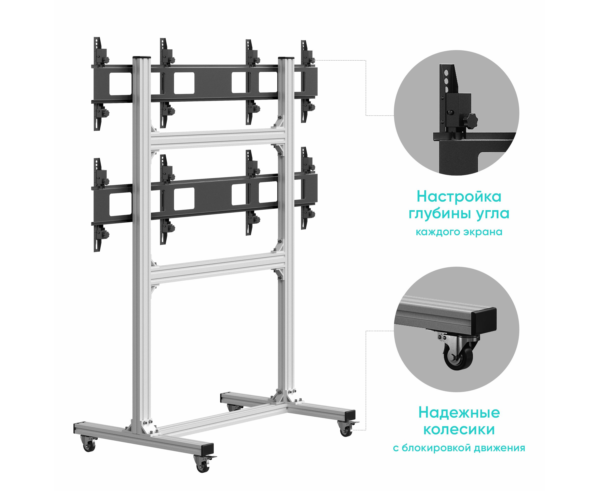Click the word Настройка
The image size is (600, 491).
(459, 197)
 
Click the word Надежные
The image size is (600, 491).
(459, 413)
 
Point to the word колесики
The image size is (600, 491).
(459, 430)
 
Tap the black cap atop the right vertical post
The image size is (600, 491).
(286, 58)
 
